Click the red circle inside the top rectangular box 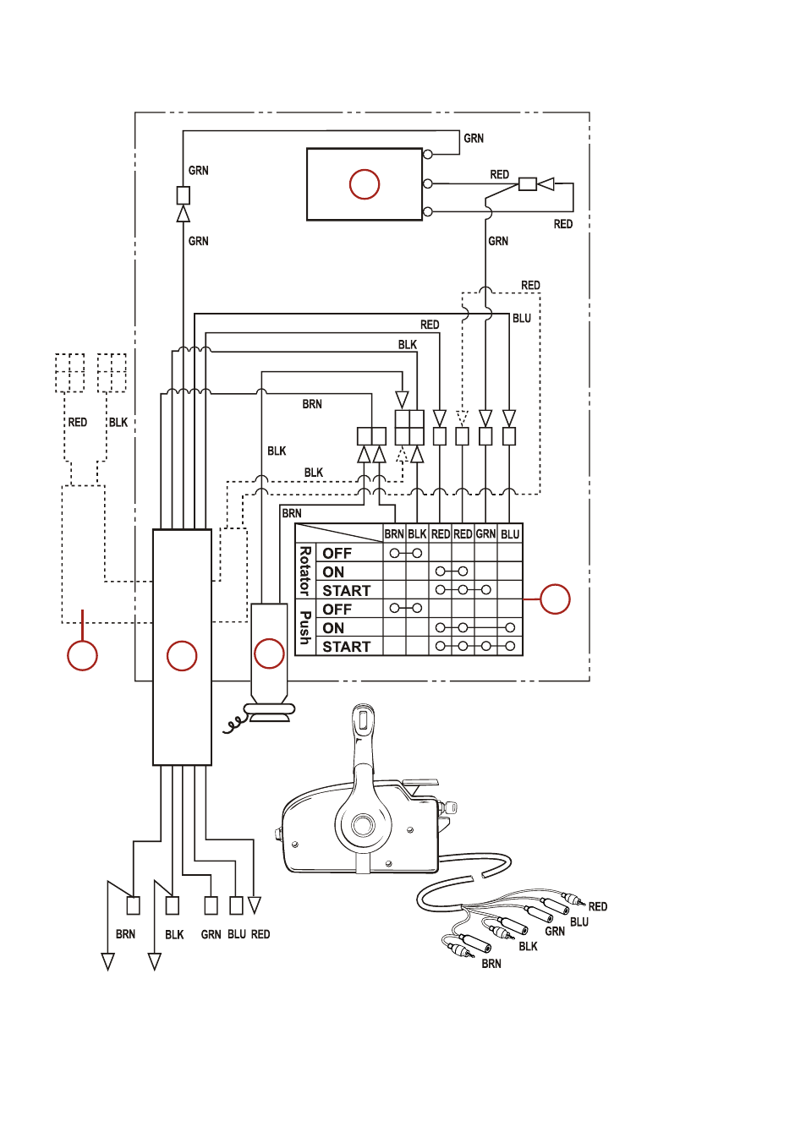tap(364, 184)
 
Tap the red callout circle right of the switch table tap(555, 599)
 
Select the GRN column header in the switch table tap(485, 533)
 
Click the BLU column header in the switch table tap(510, 534)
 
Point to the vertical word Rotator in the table tap(304, 571)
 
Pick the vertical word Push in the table tap(304, 627)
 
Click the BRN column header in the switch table tap(394, 534)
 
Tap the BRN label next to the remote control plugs tap(491, 964)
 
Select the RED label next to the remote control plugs tap(598, 907)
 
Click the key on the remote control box tap(452, 807)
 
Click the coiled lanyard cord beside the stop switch tap(236, 725)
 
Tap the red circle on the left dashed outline tap(82, 655)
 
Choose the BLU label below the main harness tap(237, 934)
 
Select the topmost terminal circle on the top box tap(428, 154)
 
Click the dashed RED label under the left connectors tap(78, 422)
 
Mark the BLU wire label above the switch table tap(522, 319)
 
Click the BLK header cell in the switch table tap(417, 534)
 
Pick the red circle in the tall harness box tap(182, 656)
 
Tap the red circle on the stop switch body tap(269, 654)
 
